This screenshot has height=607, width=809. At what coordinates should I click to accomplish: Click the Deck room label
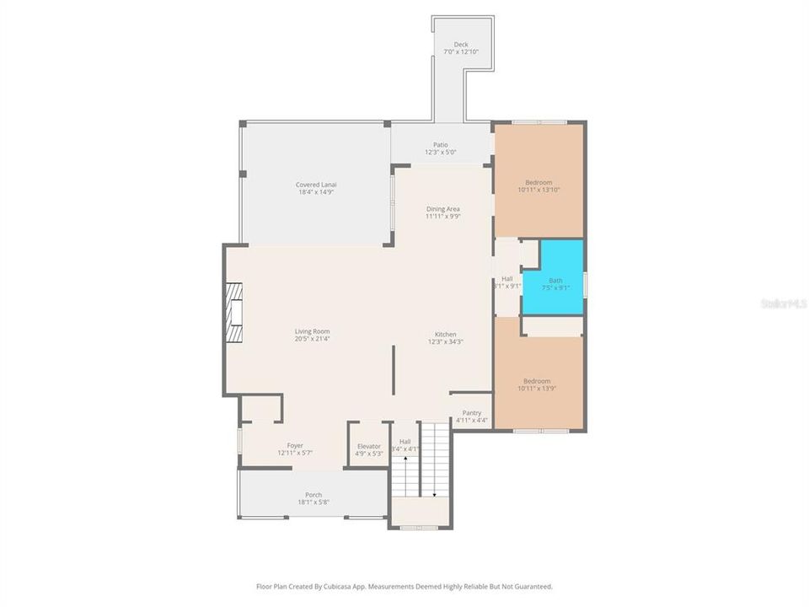point(460,45)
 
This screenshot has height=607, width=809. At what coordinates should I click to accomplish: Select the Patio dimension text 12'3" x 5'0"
point(440,153)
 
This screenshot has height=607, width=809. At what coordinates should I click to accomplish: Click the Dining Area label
point(442,208)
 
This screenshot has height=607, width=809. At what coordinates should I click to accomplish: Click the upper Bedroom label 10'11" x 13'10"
point(538,183)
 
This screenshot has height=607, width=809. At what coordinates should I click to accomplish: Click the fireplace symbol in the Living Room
point(233,312)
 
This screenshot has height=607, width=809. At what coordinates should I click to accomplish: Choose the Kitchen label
point(446,334)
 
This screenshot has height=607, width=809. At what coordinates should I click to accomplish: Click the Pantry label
point(471,412)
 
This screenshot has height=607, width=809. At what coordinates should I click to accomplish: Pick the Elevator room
point(368,446)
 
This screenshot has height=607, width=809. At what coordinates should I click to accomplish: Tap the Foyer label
point(294,445)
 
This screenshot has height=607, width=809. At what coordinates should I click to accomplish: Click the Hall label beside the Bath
point(506,278)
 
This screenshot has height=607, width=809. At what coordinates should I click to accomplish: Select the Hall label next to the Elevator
point(405,441)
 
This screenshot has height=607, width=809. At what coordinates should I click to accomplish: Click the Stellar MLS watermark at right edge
point(783,303)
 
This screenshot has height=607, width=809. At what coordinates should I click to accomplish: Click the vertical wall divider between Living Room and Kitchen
point(394,369)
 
